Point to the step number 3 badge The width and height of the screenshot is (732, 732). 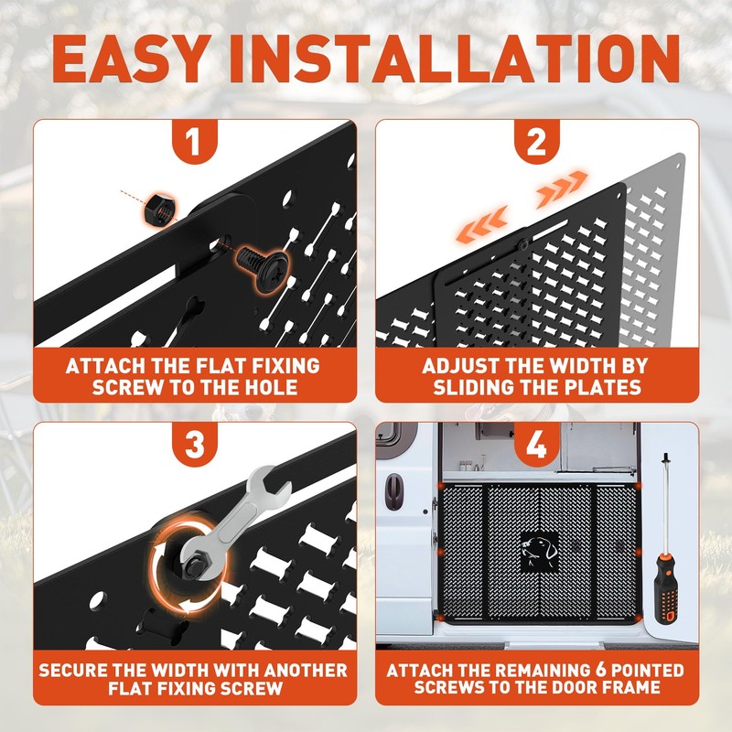point(194,444)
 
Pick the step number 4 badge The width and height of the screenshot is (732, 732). point(536,444)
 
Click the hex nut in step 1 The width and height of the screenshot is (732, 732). point(159,210)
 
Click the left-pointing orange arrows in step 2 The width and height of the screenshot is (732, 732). point(482,223)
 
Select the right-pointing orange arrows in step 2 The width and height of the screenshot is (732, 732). point(561,188)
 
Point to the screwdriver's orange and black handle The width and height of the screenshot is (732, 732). point(665,589)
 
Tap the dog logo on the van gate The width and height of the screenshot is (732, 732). point(539,552)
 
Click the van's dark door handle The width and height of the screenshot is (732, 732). point(394,491)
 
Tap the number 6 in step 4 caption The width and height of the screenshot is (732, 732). point(601,670)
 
